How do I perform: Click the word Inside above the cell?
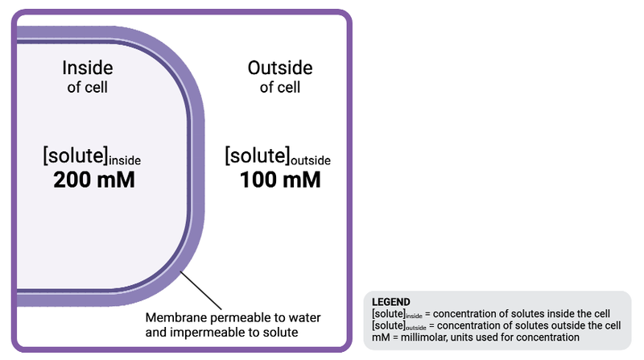tap(87, 68)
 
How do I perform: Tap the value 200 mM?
tap(93, 180)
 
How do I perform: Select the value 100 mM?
tap(280, 180)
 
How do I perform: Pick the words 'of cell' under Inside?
tap(87, 87)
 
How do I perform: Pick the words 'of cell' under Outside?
tap(279, 87)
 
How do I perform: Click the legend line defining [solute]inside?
tap(491, 312)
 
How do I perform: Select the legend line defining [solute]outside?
tap(496, 325)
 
